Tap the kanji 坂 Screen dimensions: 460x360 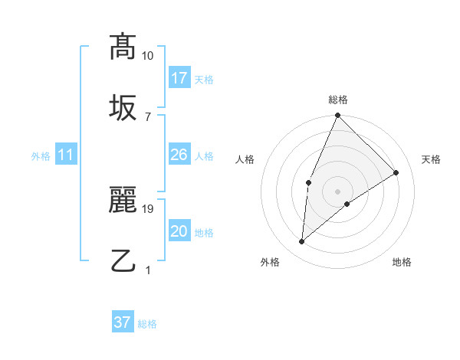pos(123,106)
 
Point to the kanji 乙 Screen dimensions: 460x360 pos(123,260)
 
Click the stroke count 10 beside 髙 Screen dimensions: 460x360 pos(147,55)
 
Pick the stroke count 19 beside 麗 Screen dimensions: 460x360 pos(147,208)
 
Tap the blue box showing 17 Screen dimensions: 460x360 pos(179,78)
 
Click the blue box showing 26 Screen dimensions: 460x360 pos(179,155)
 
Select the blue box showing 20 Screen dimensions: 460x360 pos(179,231)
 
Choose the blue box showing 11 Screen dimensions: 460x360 pos(66,155)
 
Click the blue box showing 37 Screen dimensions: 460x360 pos(123,322)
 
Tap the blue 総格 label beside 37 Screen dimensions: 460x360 pos(147,324)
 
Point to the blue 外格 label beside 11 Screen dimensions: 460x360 pos(41,156)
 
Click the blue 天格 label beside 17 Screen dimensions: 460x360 pos(204,80)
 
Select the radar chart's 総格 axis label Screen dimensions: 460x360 pos(337,100)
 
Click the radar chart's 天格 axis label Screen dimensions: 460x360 pos(431,159)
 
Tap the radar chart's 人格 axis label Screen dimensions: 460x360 pos(245,159)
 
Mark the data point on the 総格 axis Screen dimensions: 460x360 pos(337,116)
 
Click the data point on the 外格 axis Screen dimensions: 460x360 pos(302,241)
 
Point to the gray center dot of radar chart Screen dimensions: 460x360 pos(337,191)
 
